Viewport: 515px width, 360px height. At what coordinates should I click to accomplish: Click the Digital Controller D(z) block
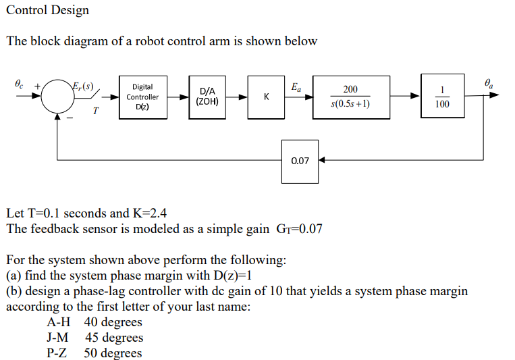[142, 97]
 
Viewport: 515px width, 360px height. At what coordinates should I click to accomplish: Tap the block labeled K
[267, 97]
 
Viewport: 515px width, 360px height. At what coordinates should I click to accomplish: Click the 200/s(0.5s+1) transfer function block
[350, 97]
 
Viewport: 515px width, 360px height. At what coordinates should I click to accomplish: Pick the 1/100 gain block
[442, 97]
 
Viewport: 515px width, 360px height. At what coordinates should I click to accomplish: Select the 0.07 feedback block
[300, 161]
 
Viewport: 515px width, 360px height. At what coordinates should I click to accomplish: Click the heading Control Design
[47, 10]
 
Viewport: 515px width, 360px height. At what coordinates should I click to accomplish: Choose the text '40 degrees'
[113, 322]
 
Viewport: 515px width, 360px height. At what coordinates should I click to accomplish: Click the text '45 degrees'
[113, 338]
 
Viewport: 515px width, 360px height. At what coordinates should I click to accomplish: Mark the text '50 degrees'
[113, 353]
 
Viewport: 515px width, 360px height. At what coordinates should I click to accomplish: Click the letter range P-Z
[57, 353]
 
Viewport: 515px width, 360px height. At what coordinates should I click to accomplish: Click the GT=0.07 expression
[297, 229]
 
